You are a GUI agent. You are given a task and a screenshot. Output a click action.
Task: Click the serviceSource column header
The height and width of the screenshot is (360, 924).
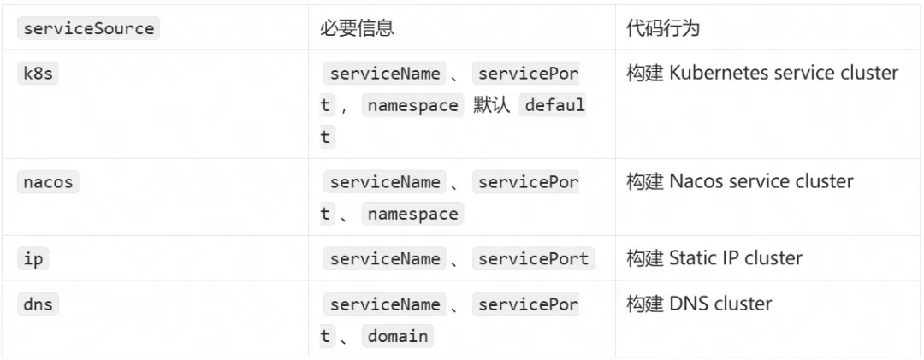88,28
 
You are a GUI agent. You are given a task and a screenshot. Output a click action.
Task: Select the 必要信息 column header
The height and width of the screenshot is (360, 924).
357,28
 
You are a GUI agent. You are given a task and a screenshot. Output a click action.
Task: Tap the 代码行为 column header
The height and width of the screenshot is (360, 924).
663,28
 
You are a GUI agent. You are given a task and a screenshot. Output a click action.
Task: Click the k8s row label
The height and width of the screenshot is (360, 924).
38,74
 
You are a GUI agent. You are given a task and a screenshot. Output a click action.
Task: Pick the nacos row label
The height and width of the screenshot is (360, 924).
48,181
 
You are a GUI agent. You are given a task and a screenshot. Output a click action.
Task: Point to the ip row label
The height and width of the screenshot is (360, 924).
33,258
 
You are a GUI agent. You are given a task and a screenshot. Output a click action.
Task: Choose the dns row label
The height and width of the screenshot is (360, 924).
38,304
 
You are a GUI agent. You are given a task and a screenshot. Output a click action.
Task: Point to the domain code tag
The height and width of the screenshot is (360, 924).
398,336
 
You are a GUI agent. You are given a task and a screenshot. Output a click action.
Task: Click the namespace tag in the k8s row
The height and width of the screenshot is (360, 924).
413,105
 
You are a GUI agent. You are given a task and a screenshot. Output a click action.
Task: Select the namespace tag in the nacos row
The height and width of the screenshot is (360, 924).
413,213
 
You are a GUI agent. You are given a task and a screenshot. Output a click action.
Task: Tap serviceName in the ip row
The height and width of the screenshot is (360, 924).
385,258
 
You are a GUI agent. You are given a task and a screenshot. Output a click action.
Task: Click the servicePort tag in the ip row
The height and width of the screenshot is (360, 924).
533,258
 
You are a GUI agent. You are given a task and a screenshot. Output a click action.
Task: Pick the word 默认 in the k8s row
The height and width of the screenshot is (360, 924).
491,105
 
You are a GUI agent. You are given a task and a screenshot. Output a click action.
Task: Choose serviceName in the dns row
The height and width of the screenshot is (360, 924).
385,304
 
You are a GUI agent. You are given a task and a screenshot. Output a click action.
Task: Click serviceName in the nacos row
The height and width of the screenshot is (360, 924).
385,181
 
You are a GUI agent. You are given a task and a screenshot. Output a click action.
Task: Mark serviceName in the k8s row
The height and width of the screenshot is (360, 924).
385,74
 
